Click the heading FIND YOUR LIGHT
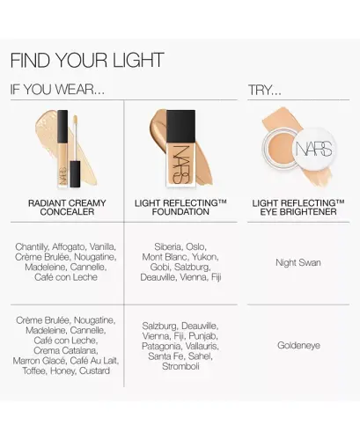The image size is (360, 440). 86,60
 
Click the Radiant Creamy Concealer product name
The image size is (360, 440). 62,208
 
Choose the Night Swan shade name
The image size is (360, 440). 298,261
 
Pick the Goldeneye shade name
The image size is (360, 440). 298,345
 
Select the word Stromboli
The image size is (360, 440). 180,365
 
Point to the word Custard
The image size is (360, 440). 94,370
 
